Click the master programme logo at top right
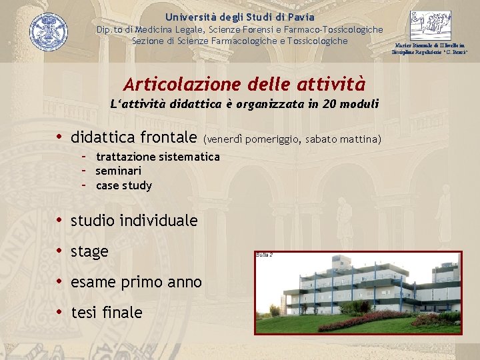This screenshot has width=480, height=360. (x=430, y=27)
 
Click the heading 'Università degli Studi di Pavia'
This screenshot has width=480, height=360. (x=240, y=17)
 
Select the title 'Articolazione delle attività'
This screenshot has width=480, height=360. (x=244, y=84)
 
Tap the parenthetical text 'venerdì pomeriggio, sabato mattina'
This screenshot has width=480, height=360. (x=293, y=139)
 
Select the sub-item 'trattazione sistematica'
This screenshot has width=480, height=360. (x=157, y=157)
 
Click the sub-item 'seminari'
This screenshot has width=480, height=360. (x=119, y=171)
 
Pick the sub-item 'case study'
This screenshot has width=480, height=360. (x=124, y=185)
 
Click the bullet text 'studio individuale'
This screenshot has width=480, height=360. (x=134, y=220)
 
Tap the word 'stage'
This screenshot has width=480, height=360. (x=89, y=251)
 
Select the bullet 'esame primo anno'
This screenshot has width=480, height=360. (x=136, y=282)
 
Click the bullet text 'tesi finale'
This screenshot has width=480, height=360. (x=106, y=312)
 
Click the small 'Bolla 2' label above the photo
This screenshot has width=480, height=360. (x=264, y=255)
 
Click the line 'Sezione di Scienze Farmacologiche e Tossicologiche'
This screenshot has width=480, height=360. (x=240, y=41)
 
